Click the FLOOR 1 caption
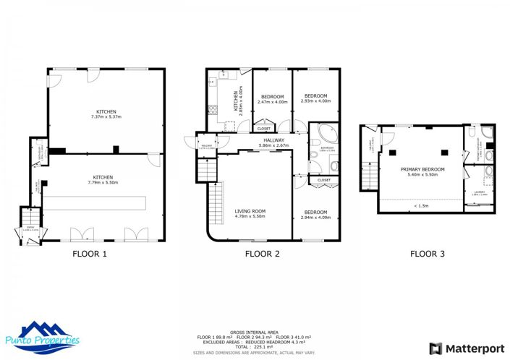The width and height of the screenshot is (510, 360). [90, 254]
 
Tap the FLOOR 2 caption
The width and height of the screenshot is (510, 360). [262, 254]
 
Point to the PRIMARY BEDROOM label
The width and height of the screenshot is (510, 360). [422, 170]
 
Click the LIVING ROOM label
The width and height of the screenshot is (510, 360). [250, 211]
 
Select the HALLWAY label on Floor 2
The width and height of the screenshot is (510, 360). [273, 140]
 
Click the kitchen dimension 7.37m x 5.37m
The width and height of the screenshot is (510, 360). [106, 116]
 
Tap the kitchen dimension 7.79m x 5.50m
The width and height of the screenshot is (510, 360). [106, 182]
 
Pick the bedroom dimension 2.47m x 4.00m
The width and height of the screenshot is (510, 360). [272, 101]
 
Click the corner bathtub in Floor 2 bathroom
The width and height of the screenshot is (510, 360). [320, 134]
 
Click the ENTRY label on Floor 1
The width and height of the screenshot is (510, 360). [30, 226]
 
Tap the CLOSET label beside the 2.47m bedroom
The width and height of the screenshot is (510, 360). [263, 129]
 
